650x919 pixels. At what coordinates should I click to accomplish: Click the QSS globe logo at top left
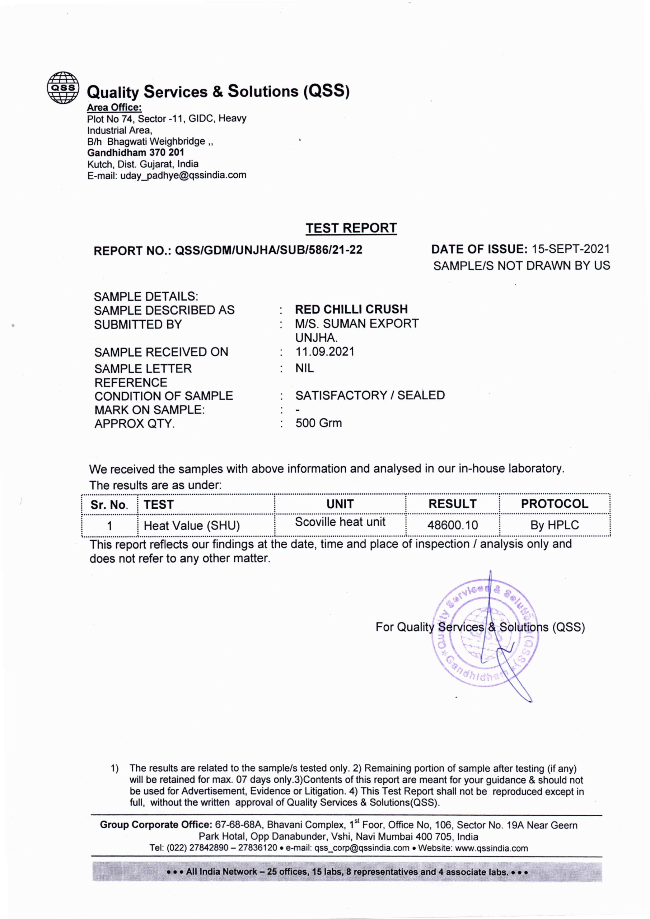pyautogui.click(x=63, y=88)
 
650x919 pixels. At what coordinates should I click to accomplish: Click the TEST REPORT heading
pyautogui.click(x=351, y=228)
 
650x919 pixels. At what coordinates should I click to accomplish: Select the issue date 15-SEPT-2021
pyautogui.click(x=570, y=249)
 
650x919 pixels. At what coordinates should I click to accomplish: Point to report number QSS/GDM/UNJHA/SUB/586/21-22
pyautogui.click(x=268, y=250)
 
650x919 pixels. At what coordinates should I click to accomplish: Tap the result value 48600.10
pyautogui.click(x=452, y=525)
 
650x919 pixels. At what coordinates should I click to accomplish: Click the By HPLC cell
pyautogui.click(x=554, y=525)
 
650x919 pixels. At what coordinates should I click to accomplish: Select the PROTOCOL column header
pyautogui.click(x=554, y=504)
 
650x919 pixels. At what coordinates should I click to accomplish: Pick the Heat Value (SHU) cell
pyautogui.click(x=192, y=526)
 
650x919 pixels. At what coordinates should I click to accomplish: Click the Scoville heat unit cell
pyautogui.click(x=340, y=522)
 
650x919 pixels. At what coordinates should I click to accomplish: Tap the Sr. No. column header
pyautogui.click(x=109, y=505)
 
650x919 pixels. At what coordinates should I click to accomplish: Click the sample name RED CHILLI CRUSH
pyautogui.click(x=351, y=309)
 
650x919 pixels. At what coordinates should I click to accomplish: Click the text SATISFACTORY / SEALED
pyautogui.click(x=370, y=396)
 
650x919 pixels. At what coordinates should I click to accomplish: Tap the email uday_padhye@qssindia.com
pyautogui.click(x=183, y=175)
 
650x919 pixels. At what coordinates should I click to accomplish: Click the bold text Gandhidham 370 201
pyautogui.click(x=136, y=153)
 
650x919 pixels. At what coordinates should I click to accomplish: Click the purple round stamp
pyautogui.click(x=485, y=636)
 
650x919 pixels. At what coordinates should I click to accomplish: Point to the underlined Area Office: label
pyautogui.click(x=114, y=107)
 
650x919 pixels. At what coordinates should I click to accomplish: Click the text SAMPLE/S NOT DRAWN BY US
pyautogui.click(x=522, y=266)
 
